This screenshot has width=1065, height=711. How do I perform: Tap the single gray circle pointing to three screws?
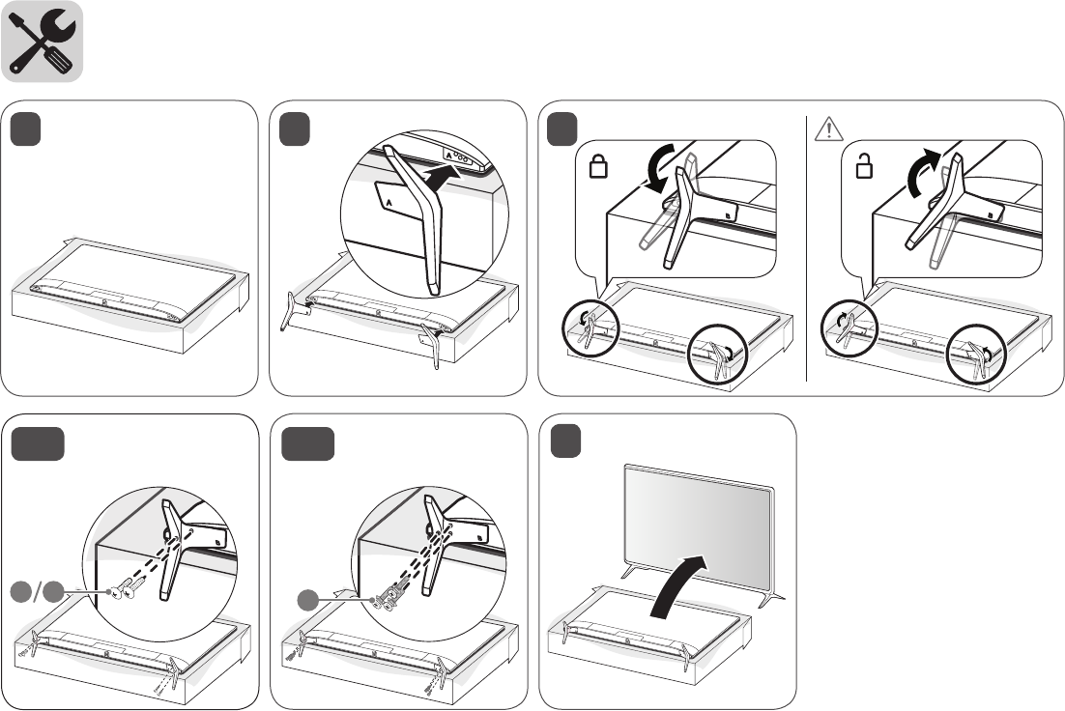click(307, 600)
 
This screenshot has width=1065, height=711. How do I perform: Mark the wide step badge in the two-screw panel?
click(39, 443)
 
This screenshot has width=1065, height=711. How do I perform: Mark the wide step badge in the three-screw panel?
click(308, 443)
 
